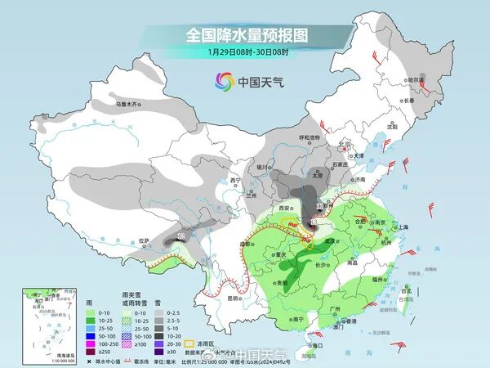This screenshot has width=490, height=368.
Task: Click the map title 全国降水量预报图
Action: coord(245,35)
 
